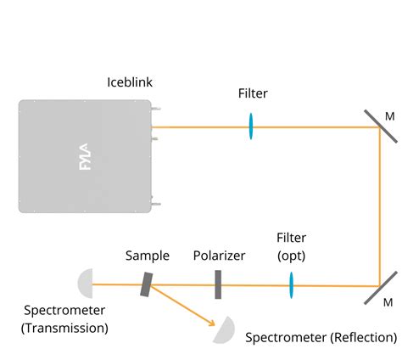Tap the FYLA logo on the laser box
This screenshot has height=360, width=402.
[85, 156]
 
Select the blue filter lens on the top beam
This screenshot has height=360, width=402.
[251, 127]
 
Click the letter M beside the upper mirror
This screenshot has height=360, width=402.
[389, 115]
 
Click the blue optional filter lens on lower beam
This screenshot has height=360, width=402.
[291, 284]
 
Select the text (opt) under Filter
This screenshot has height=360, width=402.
[291, 255]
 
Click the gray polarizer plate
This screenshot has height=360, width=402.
[218, 284]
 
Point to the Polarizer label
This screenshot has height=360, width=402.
[218, 255]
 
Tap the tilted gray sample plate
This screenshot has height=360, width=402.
[147, 284]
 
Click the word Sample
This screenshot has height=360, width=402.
[147, 255]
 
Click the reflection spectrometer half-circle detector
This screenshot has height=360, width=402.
[223, 329]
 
